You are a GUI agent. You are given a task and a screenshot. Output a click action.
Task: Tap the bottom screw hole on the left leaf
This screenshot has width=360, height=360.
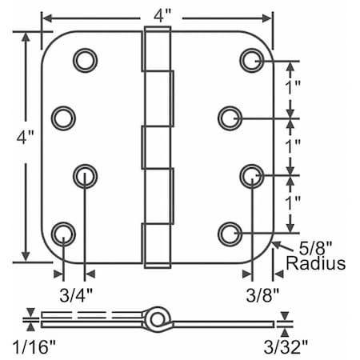(62, 233)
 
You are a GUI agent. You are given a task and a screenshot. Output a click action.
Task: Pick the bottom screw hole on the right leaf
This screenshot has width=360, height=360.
(230, 233)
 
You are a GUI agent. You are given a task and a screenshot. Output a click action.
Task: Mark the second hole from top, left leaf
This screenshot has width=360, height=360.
(62, 118)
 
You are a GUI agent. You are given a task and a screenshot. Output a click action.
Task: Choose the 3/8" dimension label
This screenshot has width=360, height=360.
(262, 293)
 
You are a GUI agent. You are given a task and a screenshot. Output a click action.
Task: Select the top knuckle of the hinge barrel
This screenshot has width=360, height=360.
(158, 47)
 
